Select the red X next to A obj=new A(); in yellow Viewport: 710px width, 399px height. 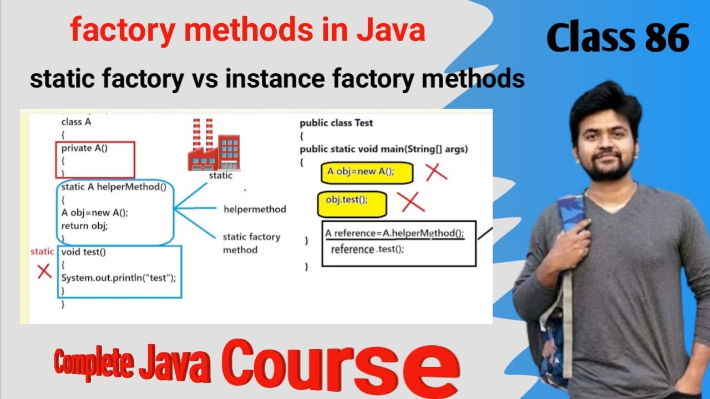pos(437,172)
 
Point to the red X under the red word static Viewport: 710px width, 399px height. pos(44,271)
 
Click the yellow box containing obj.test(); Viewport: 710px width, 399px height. pos(352,204)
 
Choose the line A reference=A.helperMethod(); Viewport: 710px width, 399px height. pos(394,233)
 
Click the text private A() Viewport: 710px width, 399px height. pos(84,148)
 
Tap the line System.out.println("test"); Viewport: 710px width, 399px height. pos(118,278)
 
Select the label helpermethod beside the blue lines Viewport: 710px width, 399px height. pos(255,209)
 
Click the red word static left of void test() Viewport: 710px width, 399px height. pos(42,252)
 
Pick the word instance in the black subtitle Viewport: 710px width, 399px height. pos(273,79)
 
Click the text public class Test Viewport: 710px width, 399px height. pos(336,123)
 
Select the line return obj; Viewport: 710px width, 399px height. pos(84,226)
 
